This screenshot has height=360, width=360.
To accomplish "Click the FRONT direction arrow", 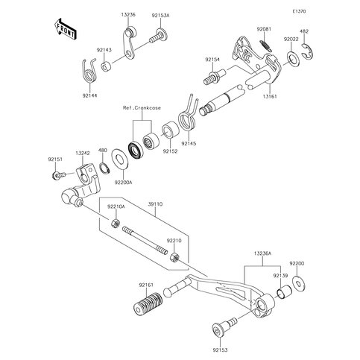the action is click(65, 29).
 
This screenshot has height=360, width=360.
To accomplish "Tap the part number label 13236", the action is click(128, 15).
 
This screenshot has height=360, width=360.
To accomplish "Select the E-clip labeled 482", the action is click(309, 52).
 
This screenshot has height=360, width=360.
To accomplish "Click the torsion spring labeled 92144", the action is click(89, 71).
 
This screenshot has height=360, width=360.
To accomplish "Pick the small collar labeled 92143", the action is click(107, 66).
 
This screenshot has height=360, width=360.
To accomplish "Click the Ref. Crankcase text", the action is click(142, 108).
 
